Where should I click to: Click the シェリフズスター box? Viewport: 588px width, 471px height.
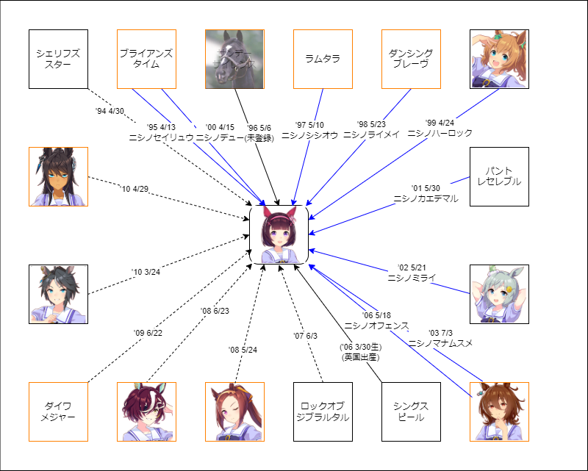tap(58, 59)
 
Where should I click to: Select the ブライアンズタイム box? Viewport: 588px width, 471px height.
tap(146, 59)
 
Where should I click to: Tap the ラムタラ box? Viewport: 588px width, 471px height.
tap(323, 59)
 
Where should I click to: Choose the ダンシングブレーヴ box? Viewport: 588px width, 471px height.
tap(411, 59)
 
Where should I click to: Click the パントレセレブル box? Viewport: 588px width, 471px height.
tap(499, 176)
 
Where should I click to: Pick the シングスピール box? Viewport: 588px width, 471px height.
tap(411, 411)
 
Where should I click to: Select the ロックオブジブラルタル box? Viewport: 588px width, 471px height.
tap(323, 411)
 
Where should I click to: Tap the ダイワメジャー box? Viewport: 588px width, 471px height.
tap(58, 411)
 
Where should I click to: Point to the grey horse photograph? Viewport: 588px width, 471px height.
tap(234, 59)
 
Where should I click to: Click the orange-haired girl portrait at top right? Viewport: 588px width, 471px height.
tap(499, 59)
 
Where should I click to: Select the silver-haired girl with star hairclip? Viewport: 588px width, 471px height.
tap(499, 294)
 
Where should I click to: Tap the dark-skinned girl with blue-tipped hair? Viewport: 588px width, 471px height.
tap(58, 176)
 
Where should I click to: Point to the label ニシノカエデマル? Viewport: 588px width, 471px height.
tap(426, 198)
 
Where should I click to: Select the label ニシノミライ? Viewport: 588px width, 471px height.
tap(406, 278)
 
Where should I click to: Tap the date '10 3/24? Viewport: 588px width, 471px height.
tap(146, 273)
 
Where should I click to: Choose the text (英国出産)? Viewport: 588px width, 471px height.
tap(359, 357)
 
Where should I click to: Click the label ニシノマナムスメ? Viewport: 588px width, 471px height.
tap(441, 343)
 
